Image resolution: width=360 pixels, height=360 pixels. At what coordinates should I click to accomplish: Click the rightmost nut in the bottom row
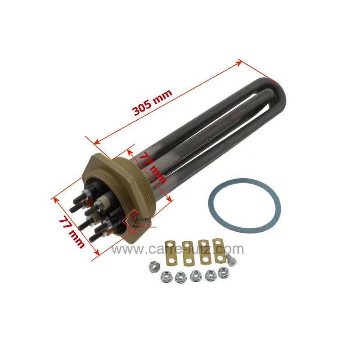point(223,272)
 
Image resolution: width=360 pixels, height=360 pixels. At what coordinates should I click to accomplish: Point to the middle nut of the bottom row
point(196,275)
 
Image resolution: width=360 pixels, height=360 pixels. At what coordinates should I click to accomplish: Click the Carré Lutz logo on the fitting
point(140,220)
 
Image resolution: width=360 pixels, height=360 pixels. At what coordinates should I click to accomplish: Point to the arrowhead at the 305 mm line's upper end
point(240,63)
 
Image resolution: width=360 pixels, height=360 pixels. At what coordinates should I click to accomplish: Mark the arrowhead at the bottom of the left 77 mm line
point(97,257)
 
